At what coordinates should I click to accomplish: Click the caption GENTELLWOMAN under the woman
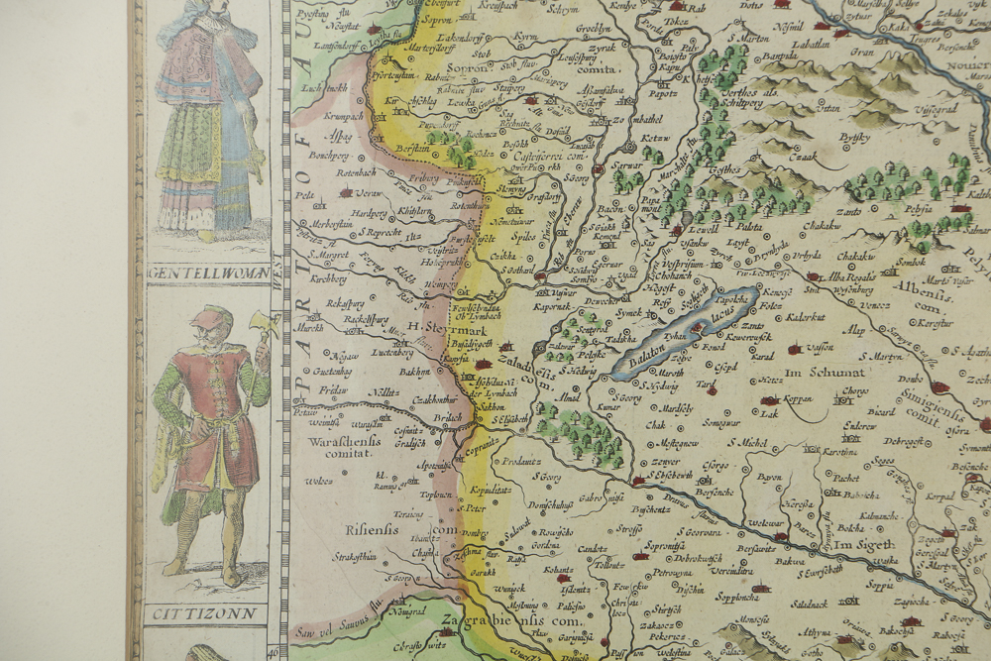click(x=207, y=271)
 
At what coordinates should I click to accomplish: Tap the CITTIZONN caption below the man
click(x=206, y=614)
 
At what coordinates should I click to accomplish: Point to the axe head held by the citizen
click(x=260, y=324)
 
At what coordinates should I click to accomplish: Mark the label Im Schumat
click(x=818, y=371)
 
